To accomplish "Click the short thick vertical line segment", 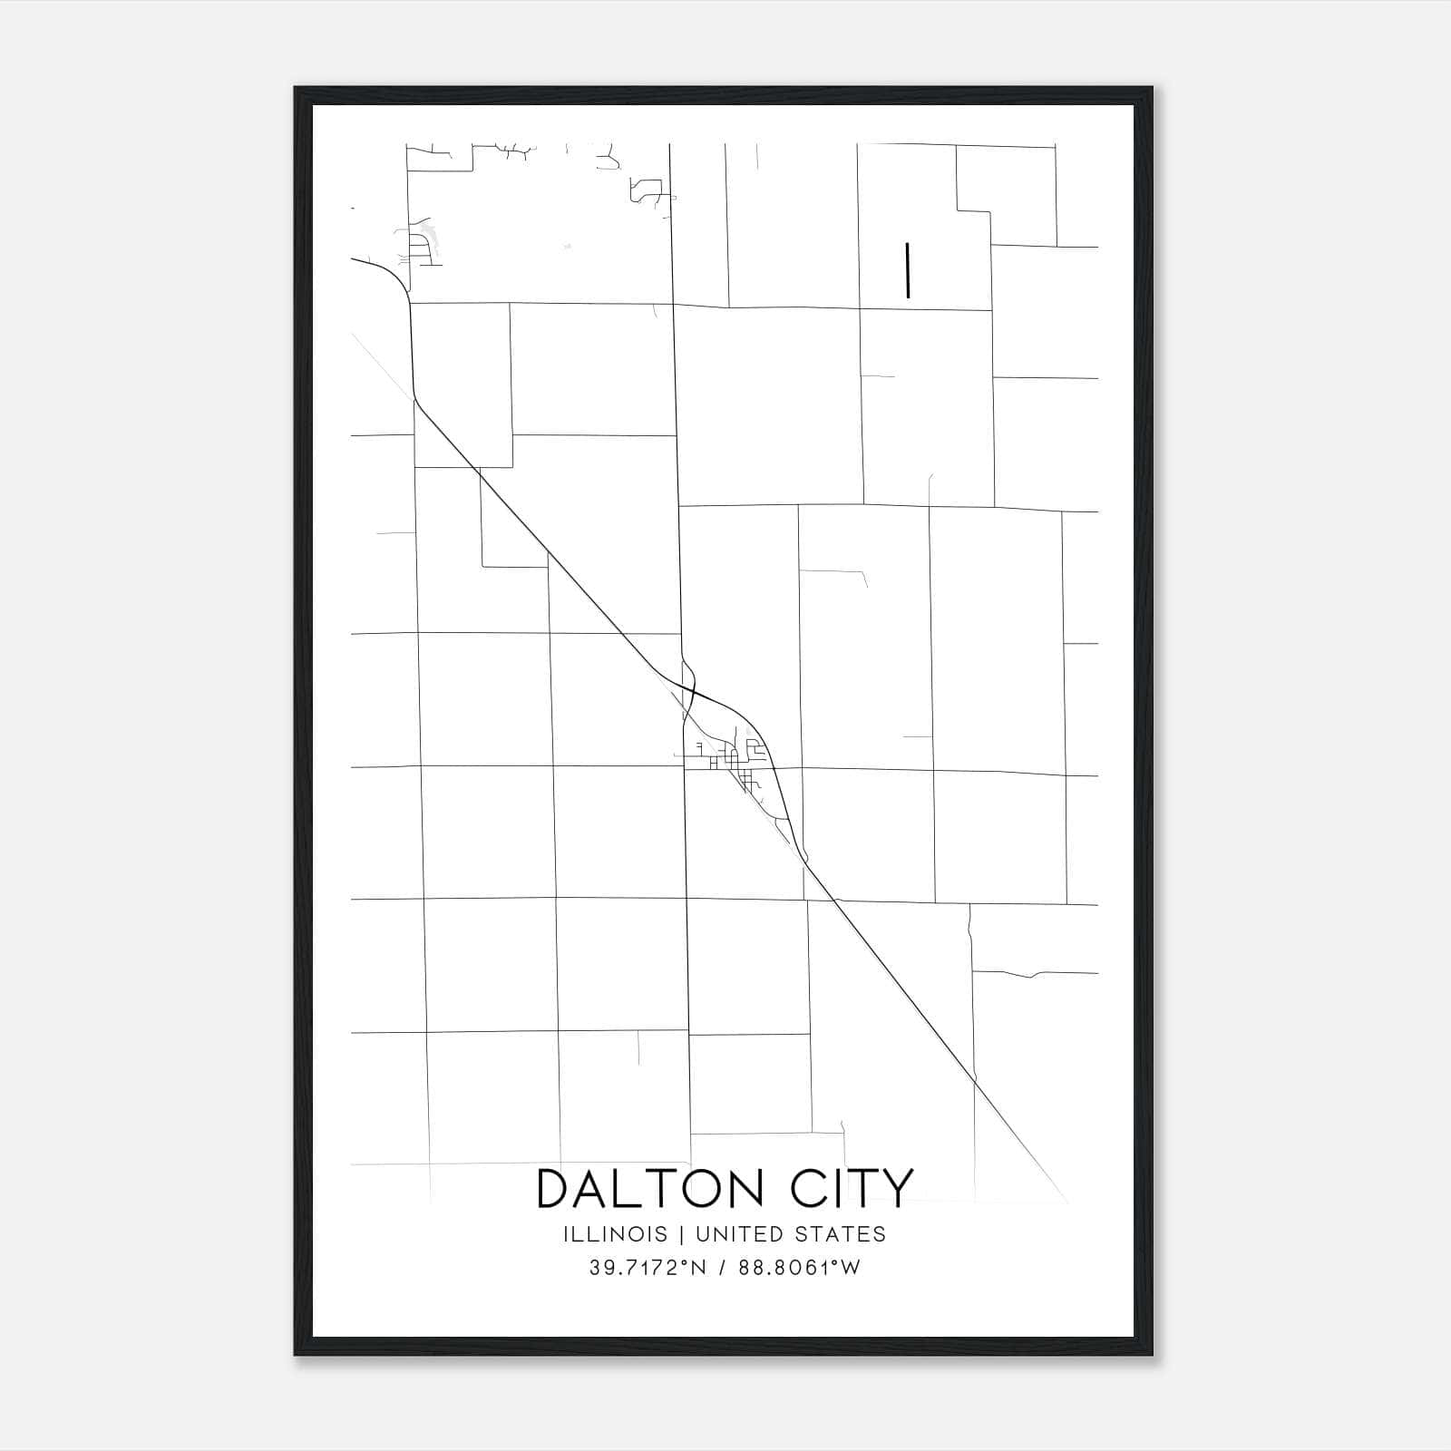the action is (x=907, y=269).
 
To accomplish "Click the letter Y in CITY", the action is (x=898, y=1188).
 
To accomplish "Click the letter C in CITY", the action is (x=810, y=1188).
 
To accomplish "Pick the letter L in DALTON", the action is (x=635, y=1188).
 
